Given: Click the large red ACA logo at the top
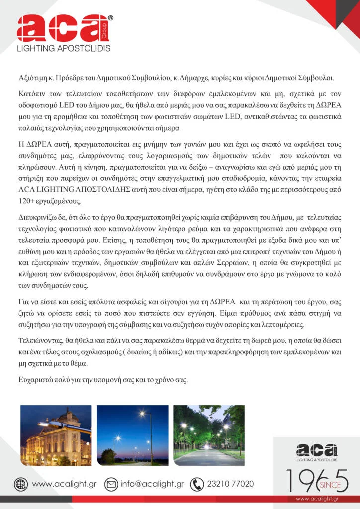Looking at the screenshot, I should pyautogui.click(x=62, y=29).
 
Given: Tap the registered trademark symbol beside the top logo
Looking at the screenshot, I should pyautogui.click(x=110, y=18).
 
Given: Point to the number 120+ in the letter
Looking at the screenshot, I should pyautogui.click(x=26, y=201).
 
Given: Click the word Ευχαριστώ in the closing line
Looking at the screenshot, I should pyautogui.click(x=35, y=381).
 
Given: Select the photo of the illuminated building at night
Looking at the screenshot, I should pyautogui.click(x=56, y=435).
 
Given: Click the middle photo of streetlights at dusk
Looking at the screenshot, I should pyautogui.click(x=132, y=435).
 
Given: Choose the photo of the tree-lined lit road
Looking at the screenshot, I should pyautogui.click(x=208, y=435).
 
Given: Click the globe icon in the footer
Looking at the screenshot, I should pyautogui.click(x=21, y=484).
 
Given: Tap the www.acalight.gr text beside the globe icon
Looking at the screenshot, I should pyautogui.click(x=64, y=484).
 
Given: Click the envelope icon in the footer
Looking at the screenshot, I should pyautogui.click(x=111, y=484).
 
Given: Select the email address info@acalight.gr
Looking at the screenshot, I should pyautogui.click(x=152, y=484).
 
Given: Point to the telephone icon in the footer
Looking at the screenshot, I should pyautogui.click(x=197, y=484).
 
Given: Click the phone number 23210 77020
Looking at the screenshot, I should pyautogui.click(x=230, y=484).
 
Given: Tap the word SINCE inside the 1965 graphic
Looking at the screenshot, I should pyautogui.click(x=326, y=483).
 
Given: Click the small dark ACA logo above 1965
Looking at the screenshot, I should pyautogui.click(x=317, y=451).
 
